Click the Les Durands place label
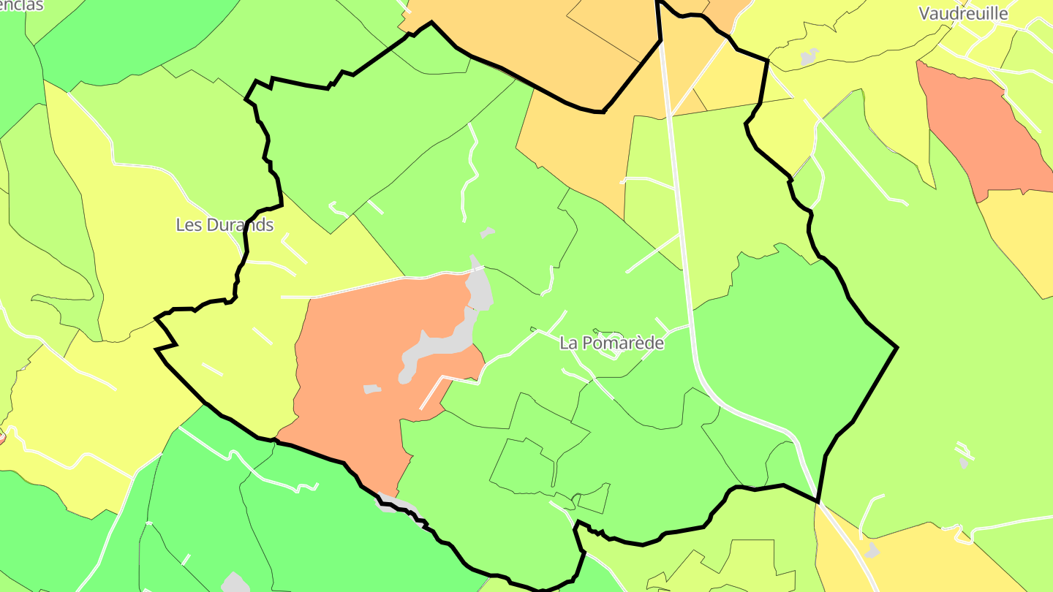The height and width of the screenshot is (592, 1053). (x=224, y=225)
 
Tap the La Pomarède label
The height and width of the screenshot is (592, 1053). (x=611, y=343)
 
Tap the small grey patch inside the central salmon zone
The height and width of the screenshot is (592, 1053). (x=372, y=389)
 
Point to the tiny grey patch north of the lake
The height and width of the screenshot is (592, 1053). (x=487, y=232)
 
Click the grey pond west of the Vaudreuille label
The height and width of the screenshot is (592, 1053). (x=809, y=56)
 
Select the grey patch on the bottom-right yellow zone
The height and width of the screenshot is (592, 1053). (x=872, y=550)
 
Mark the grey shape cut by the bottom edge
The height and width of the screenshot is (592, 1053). (x=235, y=583)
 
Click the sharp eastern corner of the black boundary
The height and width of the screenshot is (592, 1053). (x=897, y=348)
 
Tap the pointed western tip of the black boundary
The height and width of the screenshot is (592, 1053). (x=156, y=319)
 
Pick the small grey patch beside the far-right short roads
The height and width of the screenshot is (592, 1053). (x=964, y=462)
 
